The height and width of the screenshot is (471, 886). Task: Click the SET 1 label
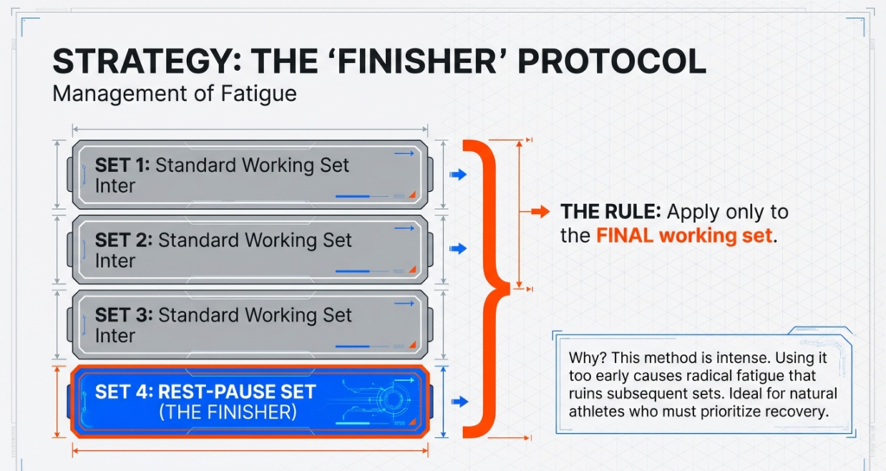coord(122,166)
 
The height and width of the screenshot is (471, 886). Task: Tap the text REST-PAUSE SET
coord(236,391)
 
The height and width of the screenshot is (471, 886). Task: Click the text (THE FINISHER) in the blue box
coord(228,413)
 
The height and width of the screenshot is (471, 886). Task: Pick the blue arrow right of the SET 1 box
coord(459,175)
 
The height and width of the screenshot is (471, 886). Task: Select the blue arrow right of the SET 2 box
coord(459,249)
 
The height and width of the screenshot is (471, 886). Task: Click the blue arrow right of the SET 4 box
coord(459,401)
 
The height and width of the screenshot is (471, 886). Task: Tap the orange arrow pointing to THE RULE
coord(539,212)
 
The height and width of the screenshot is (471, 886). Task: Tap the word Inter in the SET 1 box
coord(115,186)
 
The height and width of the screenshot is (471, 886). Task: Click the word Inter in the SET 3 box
coord(115,336)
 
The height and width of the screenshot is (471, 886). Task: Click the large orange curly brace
coord(491,285)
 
